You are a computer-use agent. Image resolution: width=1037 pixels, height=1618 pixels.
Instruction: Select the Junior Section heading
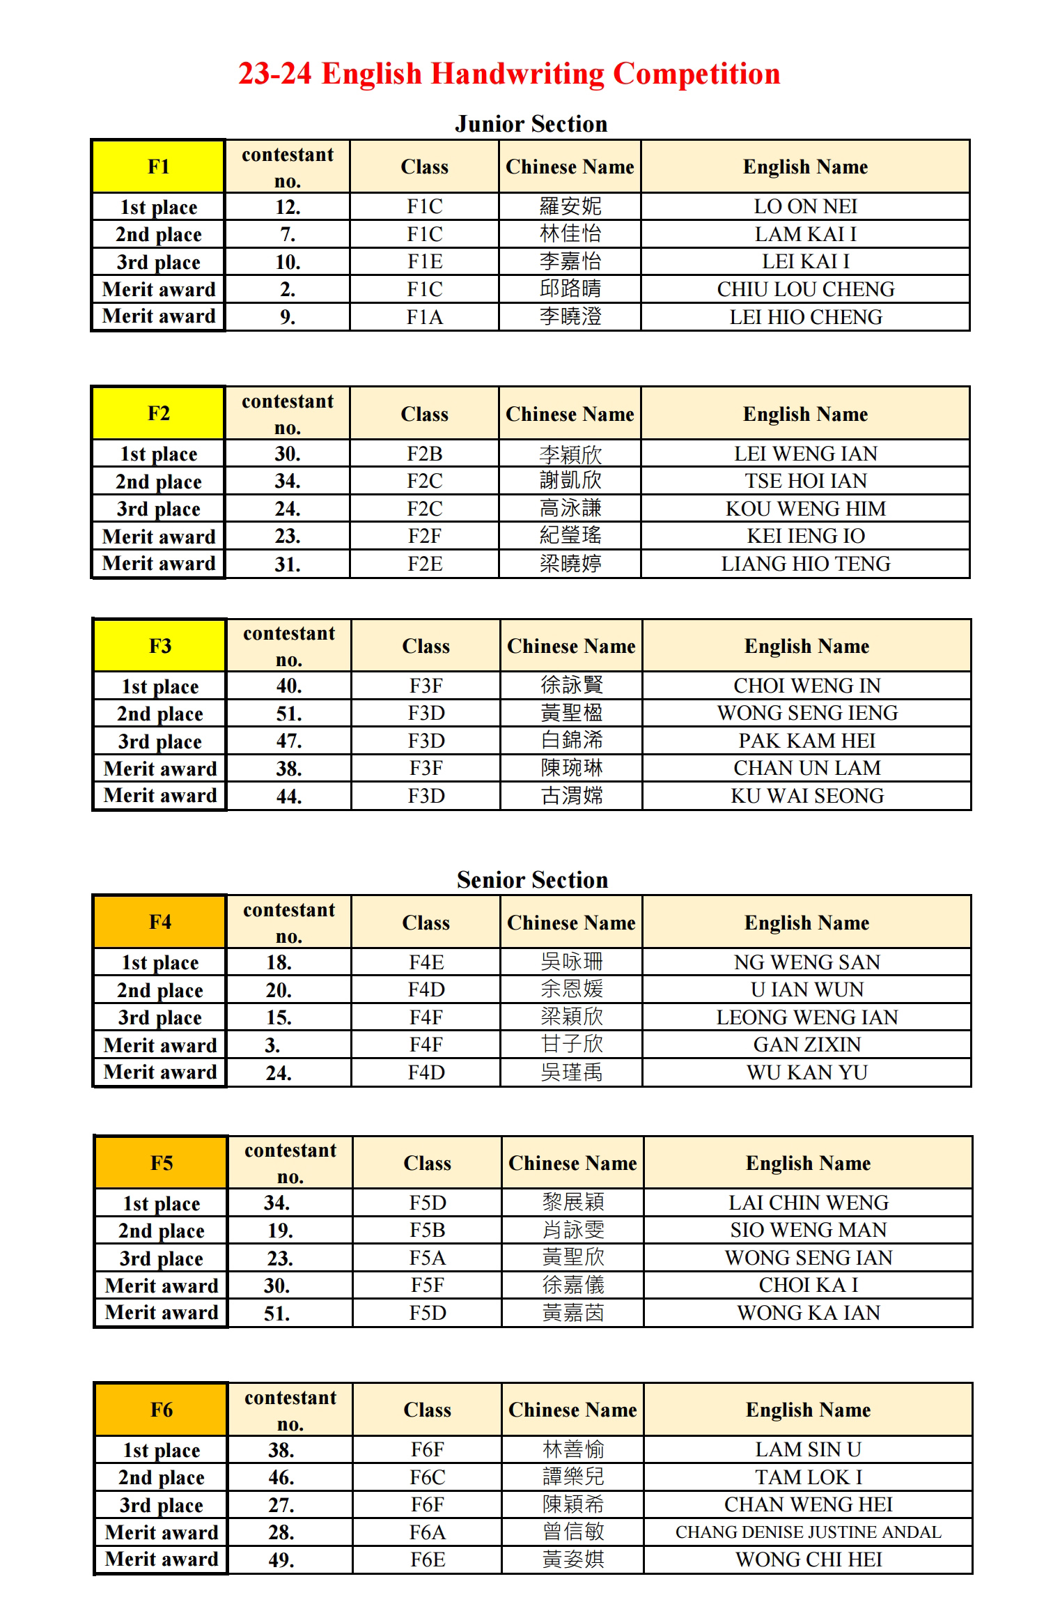pyautogui.click(x=531, y=124)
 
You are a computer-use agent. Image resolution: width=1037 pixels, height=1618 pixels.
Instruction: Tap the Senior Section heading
pyautogui.click(x=532, y=879)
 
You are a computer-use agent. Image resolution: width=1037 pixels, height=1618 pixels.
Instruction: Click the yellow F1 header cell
pyautogui.click(x=158, y=167)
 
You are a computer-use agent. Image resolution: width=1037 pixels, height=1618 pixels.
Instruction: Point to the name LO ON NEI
pyautogui.click(x=805, y=206)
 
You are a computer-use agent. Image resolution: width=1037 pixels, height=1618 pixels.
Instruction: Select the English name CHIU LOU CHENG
pyautogui.click(x=805, y=289)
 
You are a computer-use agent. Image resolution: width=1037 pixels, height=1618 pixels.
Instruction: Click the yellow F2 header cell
pyautogui.click(x=158, y=413)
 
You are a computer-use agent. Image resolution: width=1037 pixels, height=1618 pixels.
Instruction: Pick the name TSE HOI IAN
pyautogui.click(x=805, y=481)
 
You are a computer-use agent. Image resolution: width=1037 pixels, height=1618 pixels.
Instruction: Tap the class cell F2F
pyautogui.click(x=424, y=536)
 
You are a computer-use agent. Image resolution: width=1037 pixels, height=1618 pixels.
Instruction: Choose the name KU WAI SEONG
pyautogui.click(x=806, y=796)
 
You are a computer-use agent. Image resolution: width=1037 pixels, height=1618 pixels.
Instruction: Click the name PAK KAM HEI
pyautogui.click(x=806, y=741)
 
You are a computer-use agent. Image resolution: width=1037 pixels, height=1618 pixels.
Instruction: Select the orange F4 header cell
pyautogui.click(x=159, y=922)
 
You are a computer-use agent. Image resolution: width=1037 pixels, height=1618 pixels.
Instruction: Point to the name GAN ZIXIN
pyautogui.click(x=806, y=1045)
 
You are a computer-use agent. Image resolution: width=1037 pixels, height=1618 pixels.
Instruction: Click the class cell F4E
pyautogui.click(x=426, y=962)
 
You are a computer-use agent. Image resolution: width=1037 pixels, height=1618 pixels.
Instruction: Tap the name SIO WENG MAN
pyautogui.click(x=808, y=1230)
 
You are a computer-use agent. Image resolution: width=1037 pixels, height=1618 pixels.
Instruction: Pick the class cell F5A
pyautogui.click(x=427, y=1258)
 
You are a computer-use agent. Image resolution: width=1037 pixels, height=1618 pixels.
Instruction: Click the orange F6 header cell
pyautogui.click(x=161, y=1410)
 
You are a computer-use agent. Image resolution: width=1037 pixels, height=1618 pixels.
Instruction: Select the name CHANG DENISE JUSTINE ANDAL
pyautogui.click(x=808, y=1532)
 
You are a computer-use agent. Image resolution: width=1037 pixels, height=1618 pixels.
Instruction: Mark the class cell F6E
pyautogui.click(x=427, y=1559)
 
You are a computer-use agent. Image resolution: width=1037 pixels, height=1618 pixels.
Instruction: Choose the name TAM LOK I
pyautogui.click(x=808, y=1477)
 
